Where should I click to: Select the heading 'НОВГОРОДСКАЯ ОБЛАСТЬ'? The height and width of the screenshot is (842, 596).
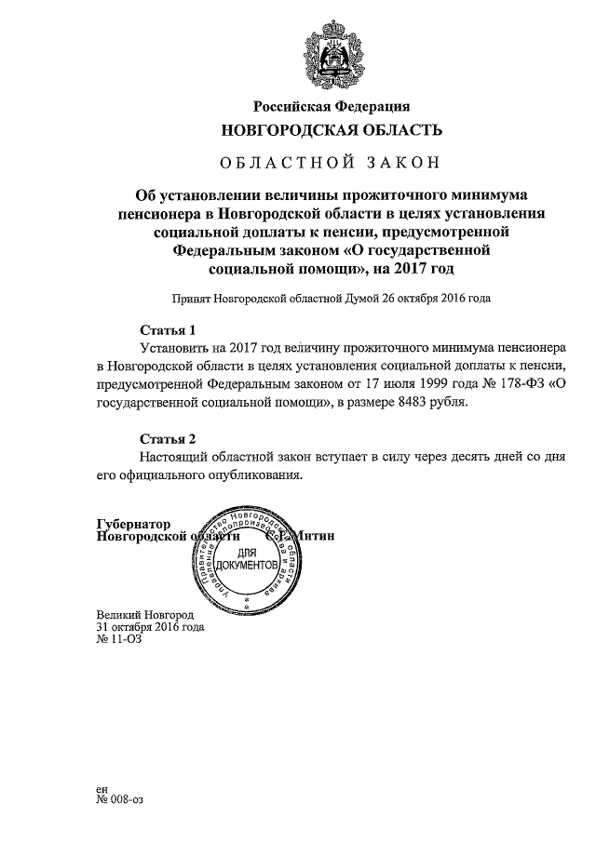(331, 129)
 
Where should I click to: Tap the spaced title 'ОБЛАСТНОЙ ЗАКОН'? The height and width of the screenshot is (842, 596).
(330, 164)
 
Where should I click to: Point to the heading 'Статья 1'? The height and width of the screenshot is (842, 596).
(168, 330)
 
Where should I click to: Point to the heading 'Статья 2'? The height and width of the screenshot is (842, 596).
(168, 438)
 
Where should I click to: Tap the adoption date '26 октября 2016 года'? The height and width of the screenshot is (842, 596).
(427, 300)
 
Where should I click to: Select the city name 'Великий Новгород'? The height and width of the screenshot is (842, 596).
(144, 616)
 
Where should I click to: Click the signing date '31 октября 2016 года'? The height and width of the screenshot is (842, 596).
(150, 627)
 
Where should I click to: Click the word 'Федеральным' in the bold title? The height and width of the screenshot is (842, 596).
(224, 250)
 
